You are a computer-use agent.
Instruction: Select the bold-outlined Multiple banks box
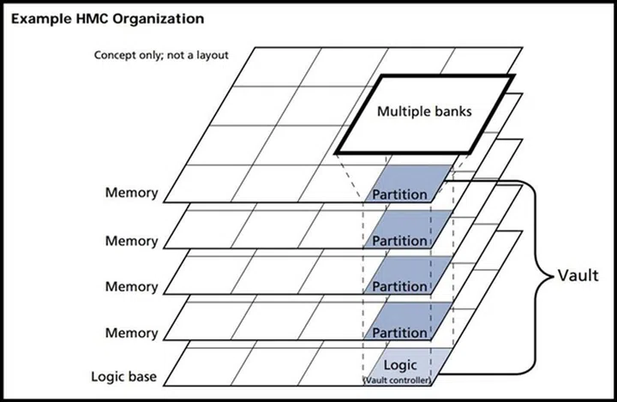click(424, 112)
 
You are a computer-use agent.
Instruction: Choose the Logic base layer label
click(124, 376)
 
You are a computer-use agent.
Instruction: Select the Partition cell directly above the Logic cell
click(399, 331)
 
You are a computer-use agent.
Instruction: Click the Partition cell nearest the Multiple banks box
click(399, 194)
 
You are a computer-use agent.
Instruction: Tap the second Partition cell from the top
click(399, 240)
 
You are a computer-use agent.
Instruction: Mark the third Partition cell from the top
click(399, 285)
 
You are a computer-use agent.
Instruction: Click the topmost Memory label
click(132, 194)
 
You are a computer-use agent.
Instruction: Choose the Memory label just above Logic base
click(132, 333)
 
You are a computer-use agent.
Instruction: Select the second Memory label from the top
click(132, 240)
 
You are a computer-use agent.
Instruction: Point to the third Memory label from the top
click(132, 286)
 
